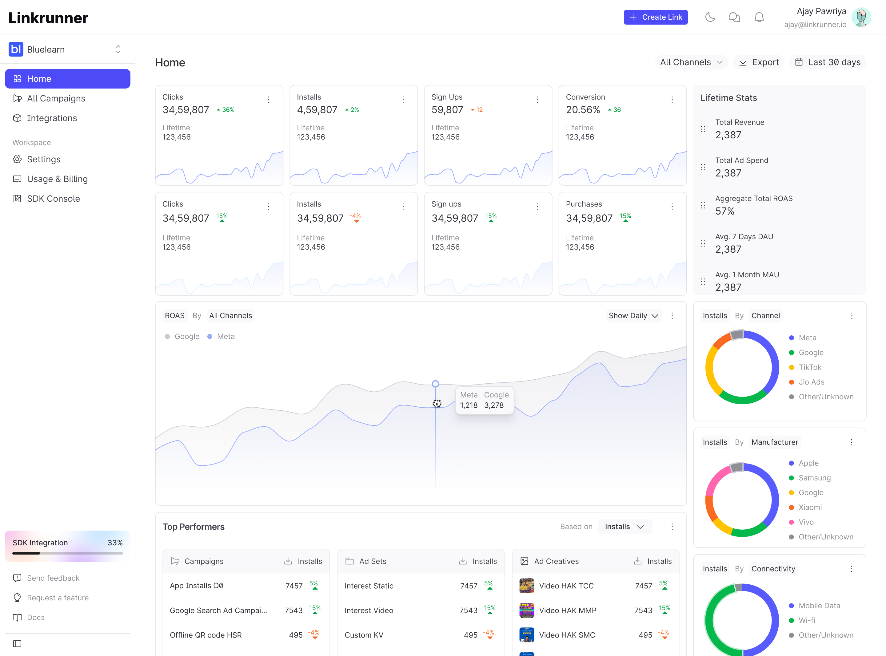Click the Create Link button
tap(656, 17)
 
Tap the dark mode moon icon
tap(710, 17)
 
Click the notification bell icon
tap(759, 17)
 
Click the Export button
tap(759, 62)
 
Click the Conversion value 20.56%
tap(583, 110)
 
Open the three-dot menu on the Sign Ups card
tap(537, 99)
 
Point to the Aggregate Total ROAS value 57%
tap(725, 211)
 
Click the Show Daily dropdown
tap(633, 316)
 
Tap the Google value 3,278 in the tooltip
tap(494, 405)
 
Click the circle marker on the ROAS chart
tap(435, 384)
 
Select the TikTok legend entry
tap(805, 367)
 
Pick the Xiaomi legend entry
tap(805, 507)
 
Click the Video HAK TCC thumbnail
tap(527, 586)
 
